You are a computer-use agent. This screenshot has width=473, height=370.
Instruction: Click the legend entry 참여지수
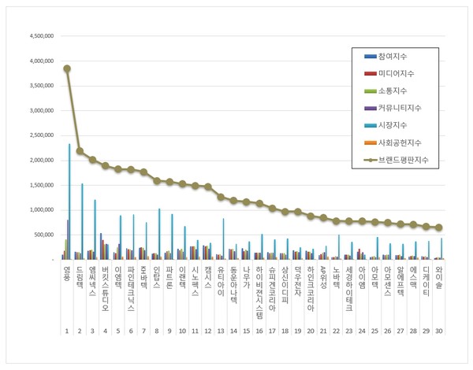pos(392,57)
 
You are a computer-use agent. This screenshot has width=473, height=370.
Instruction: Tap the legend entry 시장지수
pos(392,127)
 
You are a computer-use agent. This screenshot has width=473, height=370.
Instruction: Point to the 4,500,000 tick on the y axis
pos(40,36)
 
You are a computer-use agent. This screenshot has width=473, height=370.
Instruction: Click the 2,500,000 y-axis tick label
pos(40,135)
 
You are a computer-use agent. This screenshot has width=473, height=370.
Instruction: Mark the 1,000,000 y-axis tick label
pos(40,210)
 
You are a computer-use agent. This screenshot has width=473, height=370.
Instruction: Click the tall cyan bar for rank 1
pos(69,202)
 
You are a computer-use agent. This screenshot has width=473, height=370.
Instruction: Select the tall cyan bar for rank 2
pos(82,221)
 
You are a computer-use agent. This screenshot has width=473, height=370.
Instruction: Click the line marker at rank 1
pos(67,68)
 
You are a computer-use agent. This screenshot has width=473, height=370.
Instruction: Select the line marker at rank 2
pos(80,150)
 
